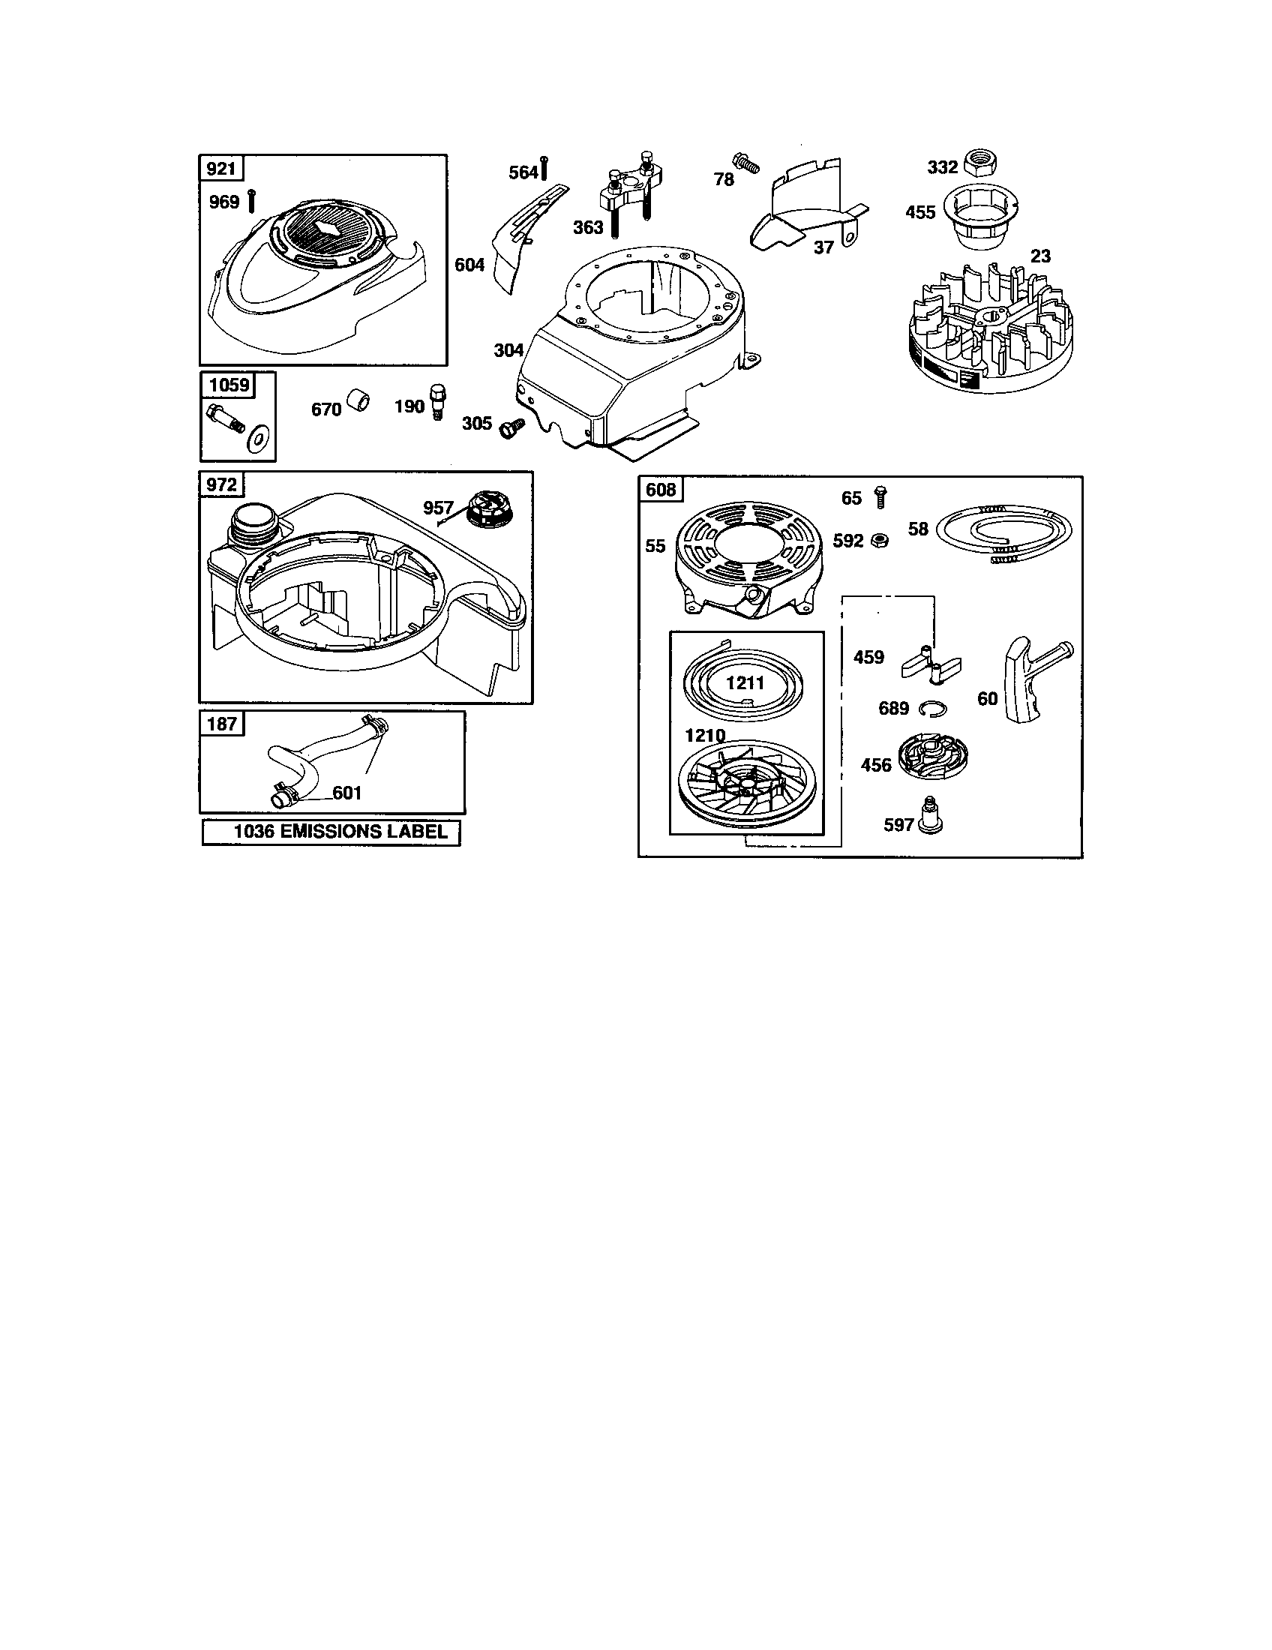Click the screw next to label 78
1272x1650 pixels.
745,163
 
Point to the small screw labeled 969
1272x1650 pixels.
250,202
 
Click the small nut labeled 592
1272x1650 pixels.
878,540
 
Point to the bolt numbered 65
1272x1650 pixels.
880,496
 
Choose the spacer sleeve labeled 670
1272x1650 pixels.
358,400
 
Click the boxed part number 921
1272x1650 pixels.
220,168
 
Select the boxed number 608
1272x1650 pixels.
660,490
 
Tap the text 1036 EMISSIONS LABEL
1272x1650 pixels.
331,832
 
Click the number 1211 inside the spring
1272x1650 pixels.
745,683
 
